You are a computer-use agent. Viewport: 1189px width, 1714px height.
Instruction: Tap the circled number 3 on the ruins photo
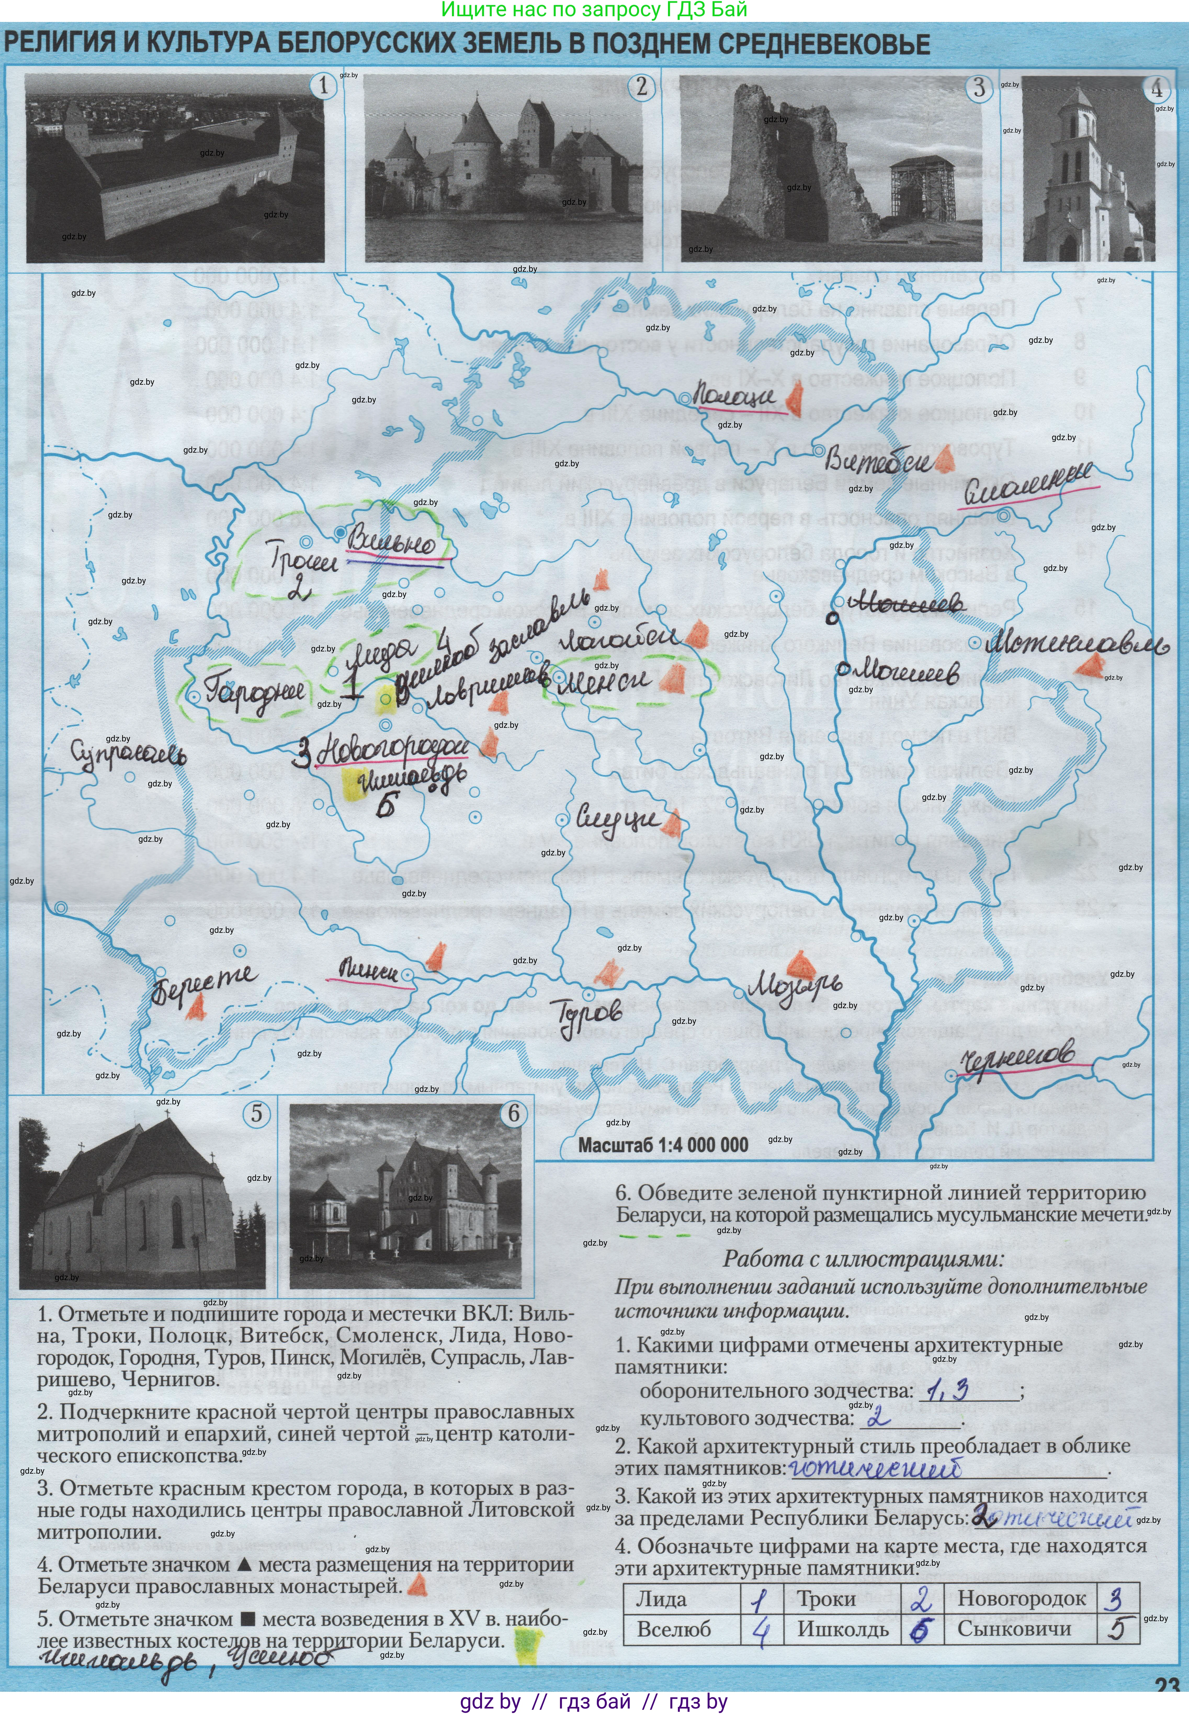click(979, 88)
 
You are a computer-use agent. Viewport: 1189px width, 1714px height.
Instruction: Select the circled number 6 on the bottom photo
click(513, 1114)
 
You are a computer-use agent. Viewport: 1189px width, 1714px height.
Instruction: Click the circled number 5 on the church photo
click(256, 1114)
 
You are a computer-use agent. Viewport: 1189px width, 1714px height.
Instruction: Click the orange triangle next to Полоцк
click(794, 400)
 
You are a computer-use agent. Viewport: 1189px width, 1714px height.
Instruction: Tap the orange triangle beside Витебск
click(944, 462)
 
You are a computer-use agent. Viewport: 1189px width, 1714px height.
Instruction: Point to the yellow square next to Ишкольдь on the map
click(350, 784)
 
